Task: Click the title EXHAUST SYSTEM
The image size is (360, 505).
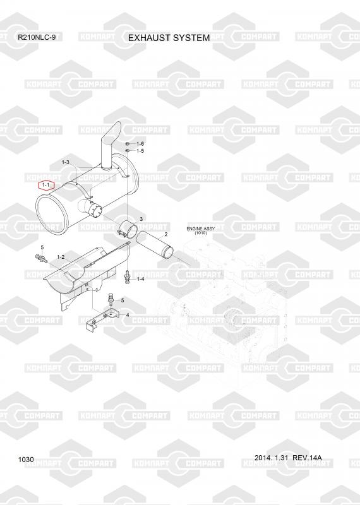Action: coord(169,38)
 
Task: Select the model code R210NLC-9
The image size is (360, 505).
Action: coord(37,37)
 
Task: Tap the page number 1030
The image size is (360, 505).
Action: coord(26,460)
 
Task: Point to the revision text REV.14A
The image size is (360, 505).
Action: coord(307,458)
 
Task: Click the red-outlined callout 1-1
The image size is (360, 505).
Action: coord(46,185)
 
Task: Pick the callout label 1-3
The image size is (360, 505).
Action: coord(66,162)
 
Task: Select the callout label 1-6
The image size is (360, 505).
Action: coord(140,144)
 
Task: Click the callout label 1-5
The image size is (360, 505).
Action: coord(140,151)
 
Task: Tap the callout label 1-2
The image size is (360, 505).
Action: coord(61,257)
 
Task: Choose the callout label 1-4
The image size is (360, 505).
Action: coord(140,279)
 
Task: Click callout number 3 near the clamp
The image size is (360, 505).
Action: coord(141,219)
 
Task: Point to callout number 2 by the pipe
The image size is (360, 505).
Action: coord(166,234)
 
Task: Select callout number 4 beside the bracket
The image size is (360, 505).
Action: coord(128,314)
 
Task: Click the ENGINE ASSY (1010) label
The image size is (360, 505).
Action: coord(201,230)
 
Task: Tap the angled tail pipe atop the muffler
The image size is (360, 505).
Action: coord(111,145)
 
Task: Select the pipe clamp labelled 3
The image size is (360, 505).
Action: coord(127,228)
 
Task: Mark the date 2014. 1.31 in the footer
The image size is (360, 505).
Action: coord(271,458)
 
